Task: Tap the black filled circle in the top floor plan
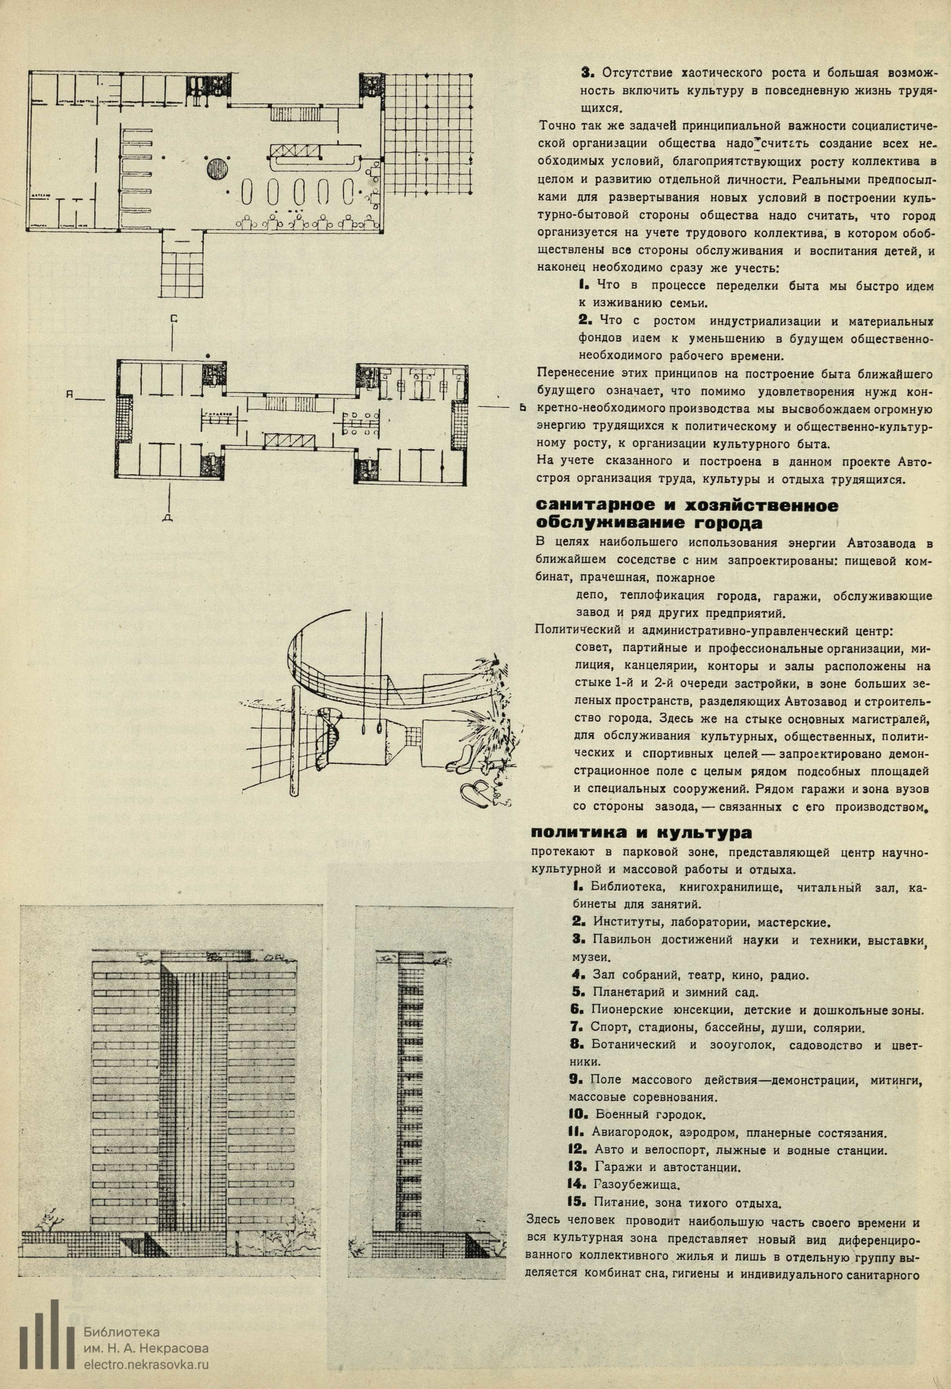click(217, 169)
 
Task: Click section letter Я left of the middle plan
click(70, 394)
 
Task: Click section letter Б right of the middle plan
click(522, 408)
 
